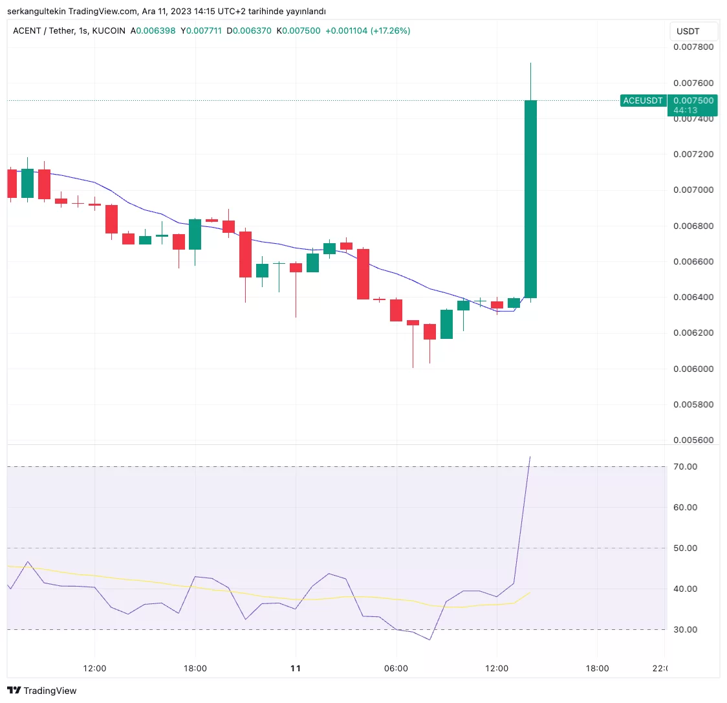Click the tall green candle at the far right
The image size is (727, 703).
[530, 199]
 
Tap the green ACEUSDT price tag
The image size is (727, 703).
[642, 101]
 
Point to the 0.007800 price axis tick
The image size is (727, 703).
[693, 47]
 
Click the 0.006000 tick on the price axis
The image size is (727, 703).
[693, 369]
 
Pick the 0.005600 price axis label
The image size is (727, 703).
[693, 440]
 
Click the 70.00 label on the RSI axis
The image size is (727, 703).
[685, 467]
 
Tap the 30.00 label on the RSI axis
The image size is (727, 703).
[685, 630]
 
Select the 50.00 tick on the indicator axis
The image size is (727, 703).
[685, 548]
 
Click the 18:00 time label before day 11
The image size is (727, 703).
[195, 669]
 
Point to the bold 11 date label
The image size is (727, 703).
[296, 669]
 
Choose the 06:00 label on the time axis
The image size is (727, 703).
[396, 669]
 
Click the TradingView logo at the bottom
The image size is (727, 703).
[42, 691]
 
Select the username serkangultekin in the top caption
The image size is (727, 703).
[36, 11]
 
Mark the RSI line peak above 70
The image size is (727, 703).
[530, 457]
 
